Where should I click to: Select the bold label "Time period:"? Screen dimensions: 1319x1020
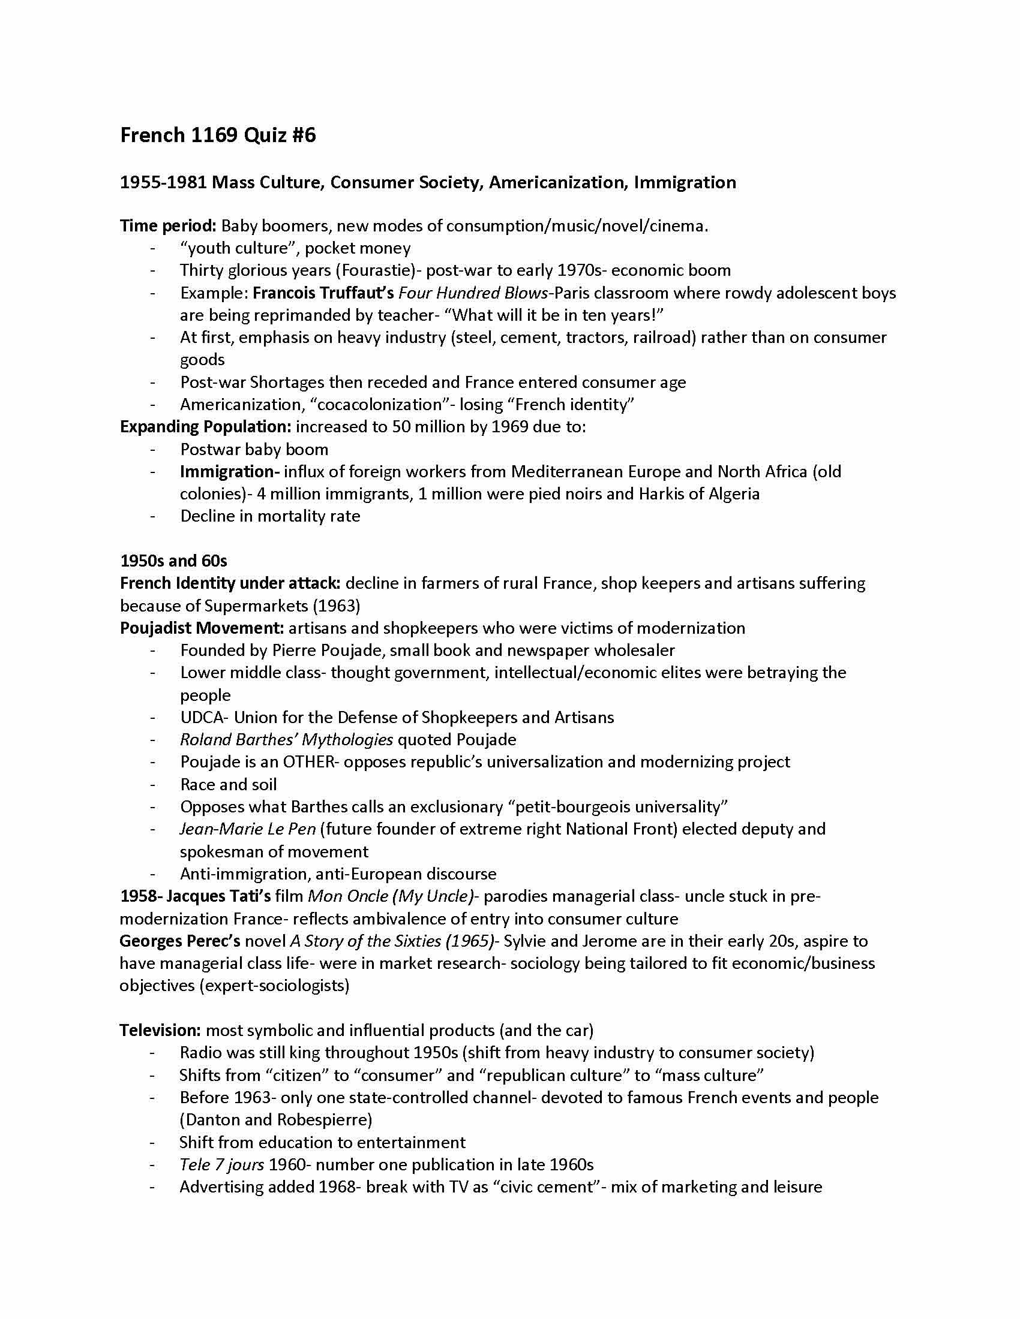tap(168, 226)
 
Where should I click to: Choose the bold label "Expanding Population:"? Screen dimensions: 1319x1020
tap(205, 426)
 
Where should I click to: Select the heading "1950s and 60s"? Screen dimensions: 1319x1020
tap(173, 561)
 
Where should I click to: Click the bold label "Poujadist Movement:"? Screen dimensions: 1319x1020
tap(202, 628)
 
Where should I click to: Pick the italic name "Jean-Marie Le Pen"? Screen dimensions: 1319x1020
tap(248, 829)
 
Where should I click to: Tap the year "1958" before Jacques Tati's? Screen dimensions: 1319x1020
tap(138, 896)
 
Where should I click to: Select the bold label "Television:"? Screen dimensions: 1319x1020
tap(160, 1029)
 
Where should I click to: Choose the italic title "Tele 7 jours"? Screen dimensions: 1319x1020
tap(222, 1164)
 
